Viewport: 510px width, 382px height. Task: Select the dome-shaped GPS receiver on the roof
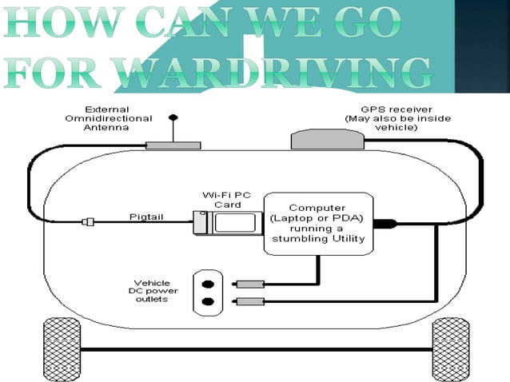327,141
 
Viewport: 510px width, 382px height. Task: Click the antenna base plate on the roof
173,145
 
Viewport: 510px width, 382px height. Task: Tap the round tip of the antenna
173,117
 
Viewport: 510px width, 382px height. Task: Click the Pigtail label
147,217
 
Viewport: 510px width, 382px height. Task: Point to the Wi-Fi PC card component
227,223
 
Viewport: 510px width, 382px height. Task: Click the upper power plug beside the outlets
249,284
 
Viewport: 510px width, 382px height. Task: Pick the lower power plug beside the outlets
249,301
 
